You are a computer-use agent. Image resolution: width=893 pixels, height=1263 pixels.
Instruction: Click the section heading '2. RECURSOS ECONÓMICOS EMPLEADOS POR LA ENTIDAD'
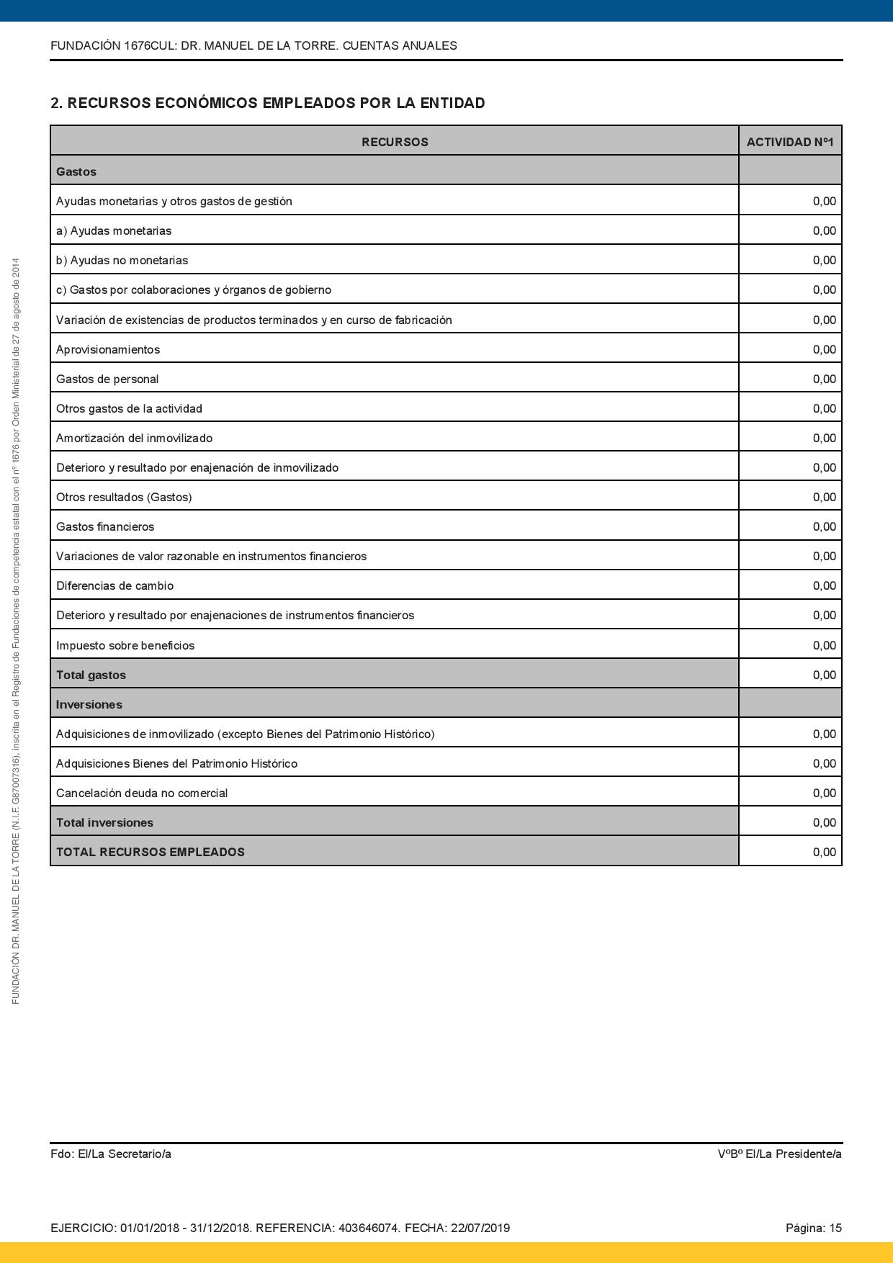click(267, 103)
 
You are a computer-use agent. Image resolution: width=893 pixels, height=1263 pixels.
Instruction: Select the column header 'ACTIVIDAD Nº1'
click(789, 142)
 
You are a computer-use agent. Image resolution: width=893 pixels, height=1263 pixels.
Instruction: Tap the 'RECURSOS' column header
click(395, 142)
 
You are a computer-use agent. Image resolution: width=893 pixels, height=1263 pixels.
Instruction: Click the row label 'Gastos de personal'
click(107, 379)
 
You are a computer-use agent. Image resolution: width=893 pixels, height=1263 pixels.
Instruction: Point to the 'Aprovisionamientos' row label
click(108, 349)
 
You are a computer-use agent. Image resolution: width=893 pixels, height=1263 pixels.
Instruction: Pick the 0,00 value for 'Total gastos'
click(824, 675)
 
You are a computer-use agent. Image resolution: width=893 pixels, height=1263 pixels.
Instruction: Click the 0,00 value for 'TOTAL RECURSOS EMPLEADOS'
click(824, 852)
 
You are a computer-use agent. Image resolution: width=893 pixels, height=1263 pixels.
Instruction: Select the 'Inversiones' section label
click(89, 704)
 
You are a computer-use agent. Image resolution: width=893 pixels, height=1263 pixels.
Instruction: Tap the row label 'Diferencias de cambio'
click(115, 585)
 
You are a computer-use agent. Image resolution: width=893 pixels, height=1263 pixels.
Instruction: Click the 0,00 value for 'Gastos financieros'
click(824, 526)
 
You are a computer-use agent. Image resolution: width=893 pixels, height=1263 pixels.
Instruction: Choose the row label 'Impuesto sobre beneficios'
click(125, 645)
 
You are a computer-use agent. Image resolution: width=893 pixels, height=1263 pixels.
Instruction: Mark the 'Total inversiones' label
click(104, 822)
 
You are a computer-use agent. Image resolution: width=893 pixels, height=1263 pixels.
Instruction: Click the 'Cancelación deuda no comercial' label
click(142, 793)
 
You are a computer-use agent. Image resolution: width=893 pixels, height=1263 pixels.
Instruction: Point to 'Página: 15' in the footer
click(813, 1228)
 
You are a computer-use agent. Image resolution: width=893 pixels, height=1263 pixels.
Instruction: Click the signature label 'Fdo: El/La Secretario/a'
click(111, 1154)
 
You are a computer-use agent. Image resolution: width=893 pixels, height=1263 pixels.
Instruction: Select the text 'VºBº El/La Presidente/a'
click(779, 1154)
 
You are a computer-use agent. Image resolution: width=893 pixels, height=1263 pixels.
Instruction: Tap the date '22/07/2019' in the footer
click(480, 1228)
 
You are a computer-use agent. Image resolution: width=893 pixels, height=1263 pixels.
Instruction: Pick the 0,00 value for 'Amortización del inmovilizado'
click(824, 438)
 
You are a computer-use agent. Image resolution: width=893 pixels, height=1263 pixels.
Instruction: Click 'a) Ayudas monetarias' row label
click(114, 230)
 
